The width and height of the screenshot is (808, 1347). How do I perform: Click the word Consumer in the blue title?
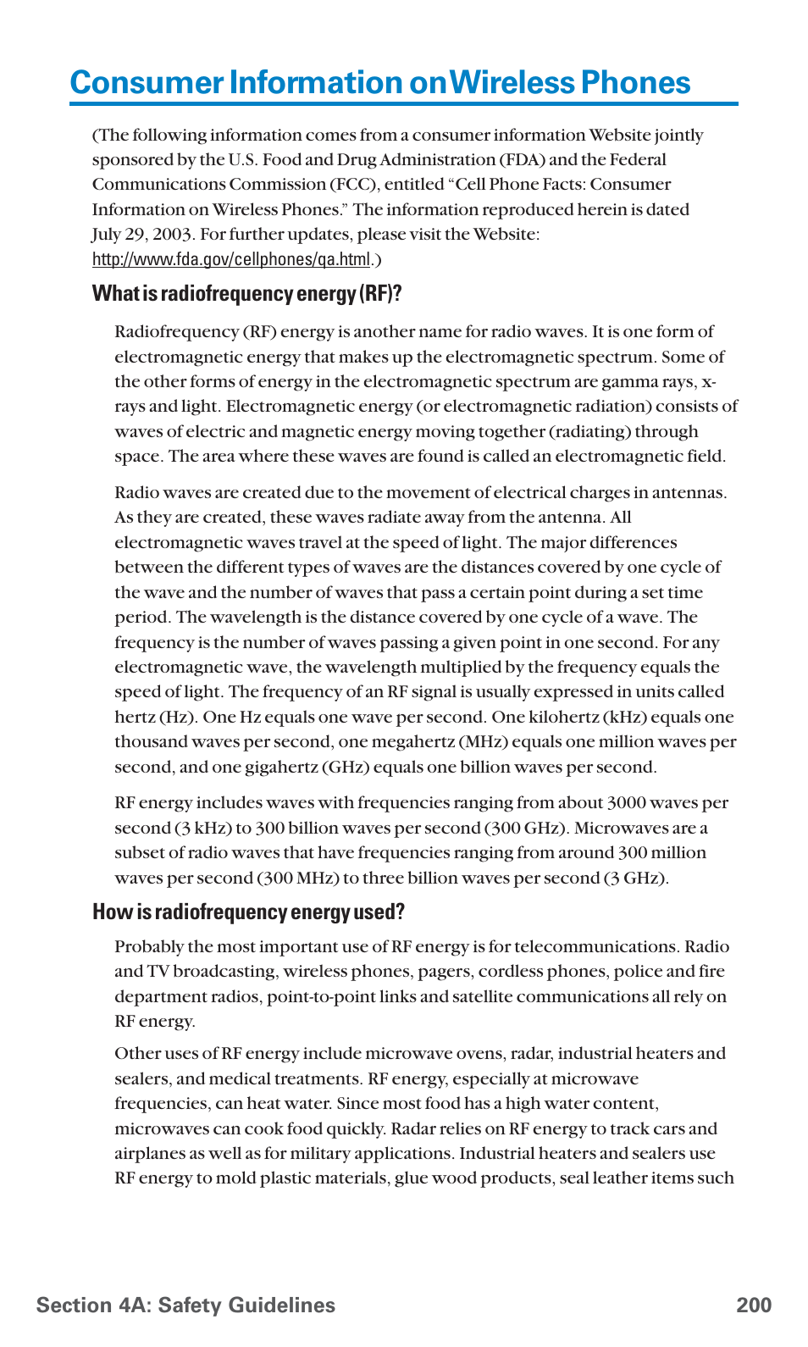point(147,83)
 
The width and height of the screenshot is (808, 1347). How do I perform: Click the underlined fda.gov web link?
point(231,259)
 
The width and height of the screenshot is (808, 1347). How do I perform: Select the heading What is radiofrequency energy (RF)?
point(246,294)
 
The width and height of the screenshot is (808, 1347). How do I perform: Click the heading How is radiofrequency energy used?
point(248,912)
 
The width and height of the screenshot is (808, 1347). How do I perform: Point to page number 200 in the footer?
point(753,1305)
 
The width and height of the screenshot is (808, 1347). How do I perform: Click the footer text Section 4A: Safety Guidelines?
point(185,1305)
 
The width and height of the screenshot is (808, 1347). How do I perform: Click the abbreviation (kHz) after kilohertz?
point(624,718)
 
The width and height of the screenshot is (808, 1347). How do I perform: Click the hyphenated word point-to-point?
point(321,997)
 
